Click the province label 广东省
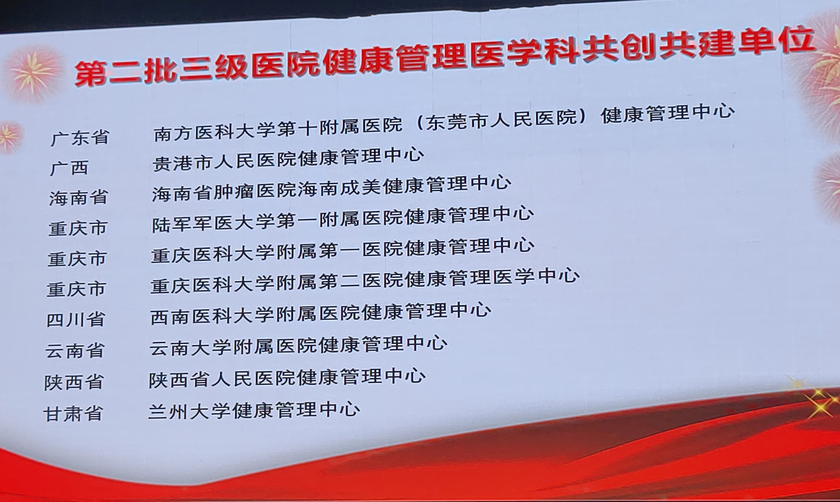[80, 138]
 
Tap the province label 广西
[69, 168]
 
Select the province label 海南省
[78, 197]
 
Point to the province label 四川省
[76, 320]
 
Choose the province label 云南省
[75, 350]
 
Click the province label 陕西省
[73, 382]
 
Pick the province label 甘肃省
[73, 413]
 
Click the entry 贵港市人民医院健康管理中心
[288, 160]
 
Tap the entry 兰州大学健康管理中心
[254, 410]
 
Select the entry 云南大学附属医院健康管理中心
[298, 346]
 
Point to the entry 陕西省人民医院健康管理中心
[287, 378]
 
